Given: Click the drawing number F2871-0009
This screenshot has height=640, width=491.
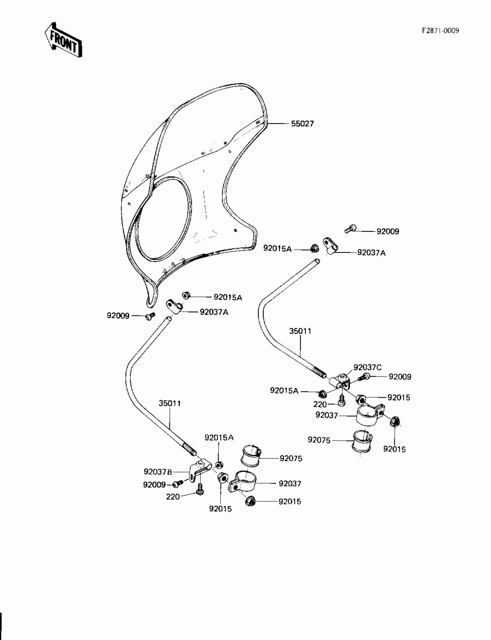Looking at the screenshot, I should point(440,31).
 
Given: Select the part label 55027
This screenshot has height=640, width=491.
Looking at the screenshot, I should point(302,124).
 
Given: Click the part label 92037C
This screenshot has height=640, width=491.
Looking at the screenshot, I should point(367,367).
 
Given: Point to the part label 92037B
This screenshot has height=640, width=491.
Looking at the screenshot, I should point(157,472).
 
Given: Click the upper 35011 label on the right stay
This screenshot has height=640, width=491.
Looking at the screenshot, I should point(300,331).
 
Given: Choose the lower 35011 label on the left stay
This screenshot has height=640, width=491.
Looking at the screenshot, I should point(170,403).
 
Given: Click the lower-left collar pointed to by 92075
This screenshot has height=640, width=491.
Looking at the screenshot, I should point(251,456).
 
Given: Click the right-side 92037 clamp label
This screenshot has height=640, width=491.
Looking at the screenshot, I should point(326,415).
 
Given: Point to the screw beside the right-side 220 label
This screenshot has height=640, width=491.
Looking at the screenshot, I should point(342,402).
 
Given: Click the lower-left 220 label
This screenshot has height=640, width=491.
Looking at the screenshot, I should point(173,497).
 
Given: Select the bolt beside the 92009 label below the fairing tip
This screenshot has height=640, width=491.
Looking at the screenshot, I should point(150,316).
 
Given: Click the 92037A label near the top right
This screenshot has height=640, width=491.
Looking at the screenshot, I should point(371,253).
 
